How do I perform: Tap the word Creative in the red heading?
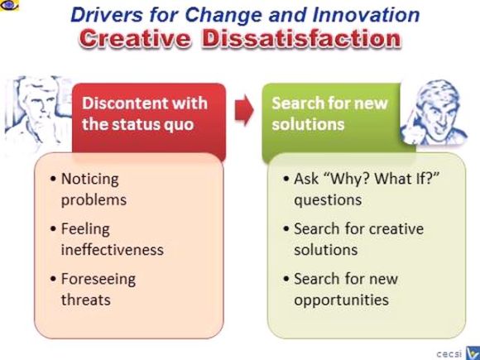tap(138, 39)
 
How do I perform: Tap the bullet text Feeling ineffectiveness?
tap(112, 238)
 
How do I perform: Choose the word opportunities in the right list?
tap(341, 300)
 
